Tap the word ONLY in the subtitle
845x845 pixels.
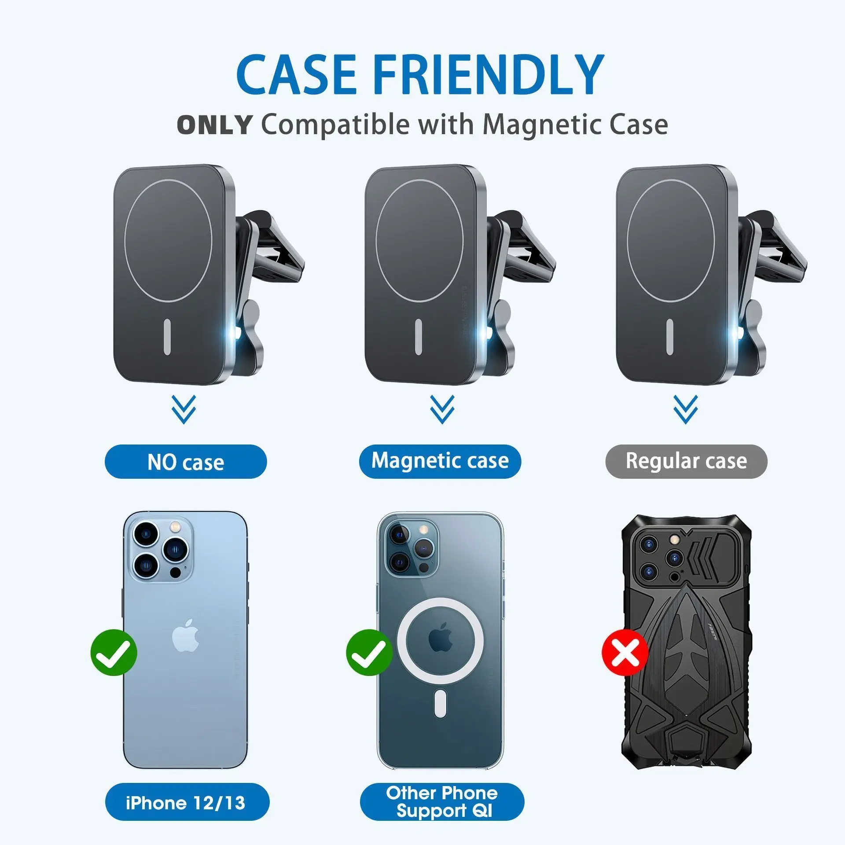point(214,125)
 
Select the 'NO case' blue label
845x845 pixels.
point(185,462)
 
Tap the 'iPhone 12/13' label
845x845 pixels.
point(186,803)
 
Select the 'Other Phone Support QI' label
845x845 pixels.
point(442,802)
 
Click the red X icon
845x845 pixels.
point(625,652)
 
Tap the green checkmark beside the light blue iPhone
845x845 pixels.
point(114,652)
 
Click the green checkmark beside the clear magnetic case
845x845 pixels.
point(369,652)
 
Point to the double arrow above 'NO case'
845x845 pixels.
point(184,409)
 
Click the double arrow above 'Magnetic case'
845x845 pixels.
point(442,409)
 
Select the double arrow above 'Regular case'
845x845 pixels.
point(685,409)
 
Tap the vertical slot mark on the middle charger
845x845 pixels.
point(419,337)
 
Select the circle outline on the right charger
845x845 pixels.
point(628,240)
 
